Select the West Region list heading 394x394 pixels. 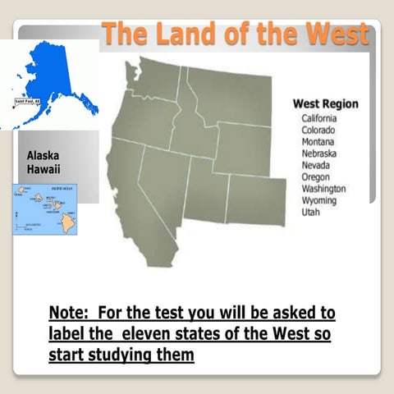pos(325,104)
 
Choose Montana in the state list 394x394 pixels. pos(318,141)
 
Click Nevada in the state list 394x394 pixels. pos(316,164)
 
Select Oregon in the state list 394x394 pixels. pos(316,176)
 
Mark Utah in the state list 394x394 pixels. pos(310,212)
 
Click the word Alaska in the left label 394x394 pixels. pos(43,155)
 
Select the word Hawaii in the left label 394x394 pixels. pos(43,169)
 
